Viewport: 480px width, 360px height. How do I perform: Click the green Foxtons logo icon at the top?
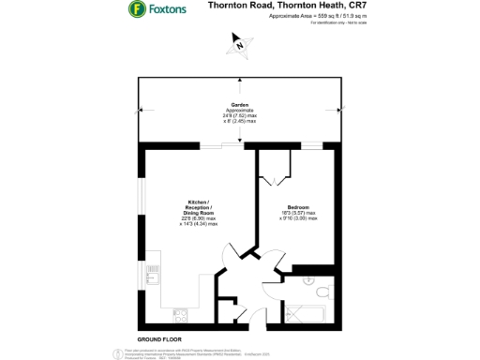tap(136, 10)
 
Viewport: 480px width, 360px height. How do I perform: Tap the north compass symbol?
tap(241, 43)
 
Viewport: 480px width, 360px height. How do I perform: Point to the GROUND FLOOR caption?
tap(159, 337)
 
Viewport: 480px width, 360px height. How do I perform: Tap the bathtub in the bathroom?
tap(304, 312)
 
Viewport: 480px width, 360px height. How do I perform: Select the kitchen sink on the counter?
tap(151, 275)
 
